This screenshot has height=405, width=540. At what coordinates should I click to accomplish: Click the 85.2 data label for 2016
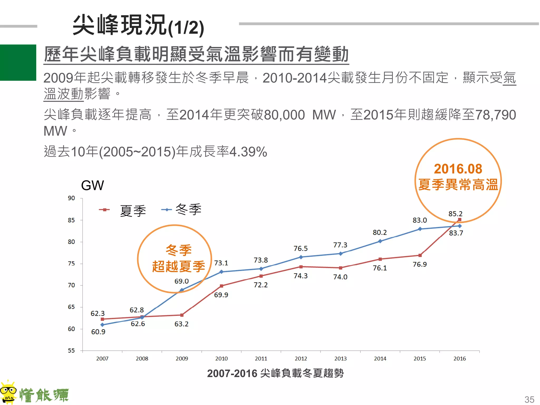pyautogui.click(x=455, y=214)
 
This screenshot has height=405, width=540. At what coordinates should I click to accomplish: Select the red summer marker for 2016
pyautogui.click(x=460, y=220)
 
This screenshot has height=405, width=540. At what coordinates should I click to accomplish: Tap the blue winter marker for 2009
pyautogui.click(x=182, y=290)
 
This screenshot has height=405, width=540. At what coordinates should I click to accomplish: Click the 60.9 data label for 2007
pyautogui.click(x=98, y=332)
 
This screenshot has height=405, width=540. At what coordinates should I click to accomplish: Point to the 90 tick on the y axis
pyautogui.click(x=71, y=198)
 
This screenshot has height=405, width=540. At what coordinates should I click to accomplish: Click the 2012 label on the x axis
pyautogui.click(x=301, y=359)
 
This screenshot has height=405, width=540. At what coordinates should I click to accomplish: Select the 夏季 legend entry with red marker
pyautogui.click(x=123, y=210)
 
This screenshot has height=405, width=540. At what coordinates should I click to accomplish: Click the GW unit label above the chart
pyautogui.click(x=92, y=185)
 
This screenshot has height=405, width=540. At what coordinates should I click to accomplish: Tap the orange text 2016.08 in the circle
pyautogui.click(x=458, y=169)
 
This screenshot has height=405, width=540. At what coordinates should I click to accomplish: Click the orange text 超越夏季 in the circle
pyautogui.click(x=179, y=266)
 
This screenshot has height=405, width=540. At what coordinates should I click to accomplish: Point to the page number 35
pyautogui.click(x=529, y=399)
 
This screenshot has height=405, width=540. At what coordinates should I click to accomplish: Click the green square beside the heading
pyautogui.click(x=18, y=62)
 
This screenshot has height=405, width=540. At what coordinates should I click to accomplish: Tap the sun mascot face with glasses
pyautogui.click(x=8, y=392)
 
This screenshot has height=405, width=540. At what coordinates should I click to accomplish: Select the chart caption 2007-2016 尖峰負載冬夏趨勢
pyautogui.click(x=275, y=373)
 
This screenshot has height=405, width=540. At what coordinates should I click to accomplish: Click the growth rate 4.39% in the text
pyautogui.click(x=248, y=152)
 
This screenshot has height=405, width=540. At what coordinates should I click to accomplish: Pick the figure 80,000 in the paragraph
pyautogui.click(x=284, y=115)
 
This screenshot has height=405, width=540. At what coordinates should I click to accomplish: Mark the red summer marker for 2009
pyautogui.click(x=182, y=315)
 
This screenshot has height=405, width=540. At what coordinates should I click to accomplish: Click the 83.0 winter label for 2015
pyautogui.click(x=420, y=220)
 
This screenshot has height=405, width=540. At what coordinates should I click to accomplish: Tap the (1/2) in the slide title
pyautogui.click(x=186, y=28)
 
